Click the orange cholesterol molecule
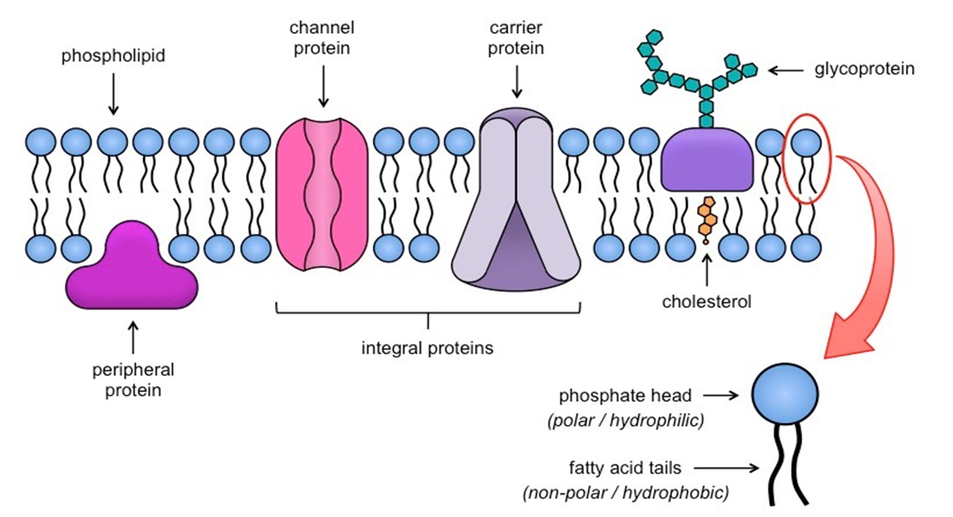pyautogui.click(x=706, y=217)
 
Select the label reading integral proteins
pyautogui.click(x=427, y=349)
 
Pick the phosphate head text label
pyautogui.click(x=625, y=396)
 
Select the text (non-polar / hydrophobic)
pyautogui.click(x=625, y=493)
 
